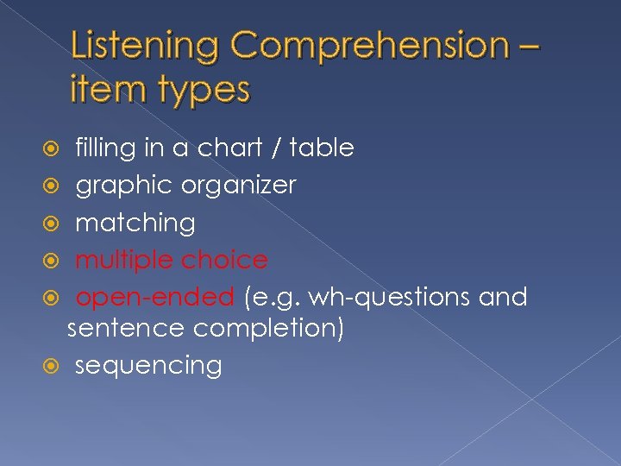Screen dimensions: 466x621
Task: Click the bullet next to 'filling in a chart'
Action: coord(58,148)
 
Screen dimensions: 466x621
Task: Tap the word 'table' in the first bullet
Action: coord(322,148)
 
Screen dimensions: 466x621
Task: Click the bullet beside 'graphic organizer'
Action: coord(58,186)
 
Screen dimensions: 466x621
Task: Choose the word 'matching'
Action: coord(135,224)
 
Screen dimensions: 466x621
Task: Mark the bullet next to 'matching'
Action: coord(58,223)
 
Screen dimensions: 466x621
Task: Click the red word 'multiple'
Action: coord(124,261)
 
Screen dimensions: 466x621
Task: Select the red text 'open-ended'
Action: coord(154,298)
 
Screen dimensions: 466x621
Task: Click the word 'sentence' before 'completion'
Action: coord(126,329)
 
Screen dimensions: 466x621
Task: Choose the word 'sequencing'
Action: coord(148,366)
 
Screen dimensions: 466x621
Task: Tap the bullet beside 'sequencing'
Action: coord(58,365)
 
